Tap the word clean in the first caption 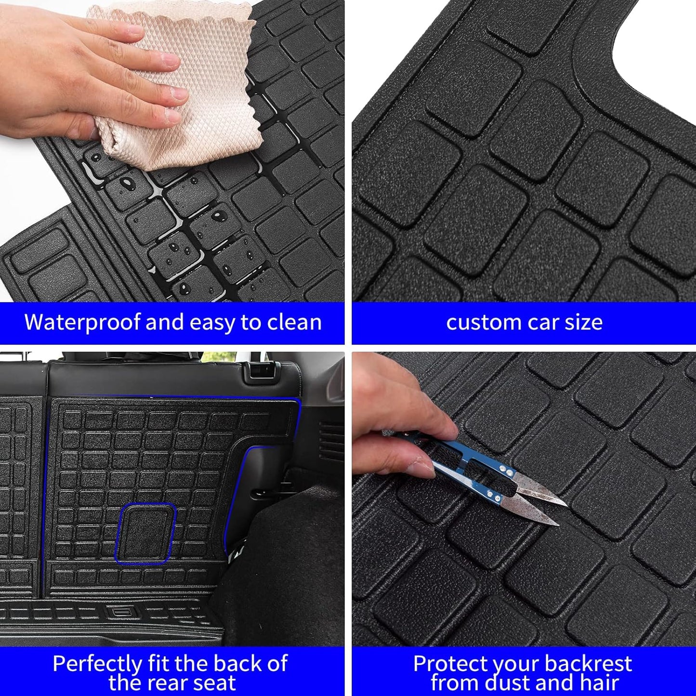point(294,322)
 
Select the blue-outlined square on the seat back point(145,533)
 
